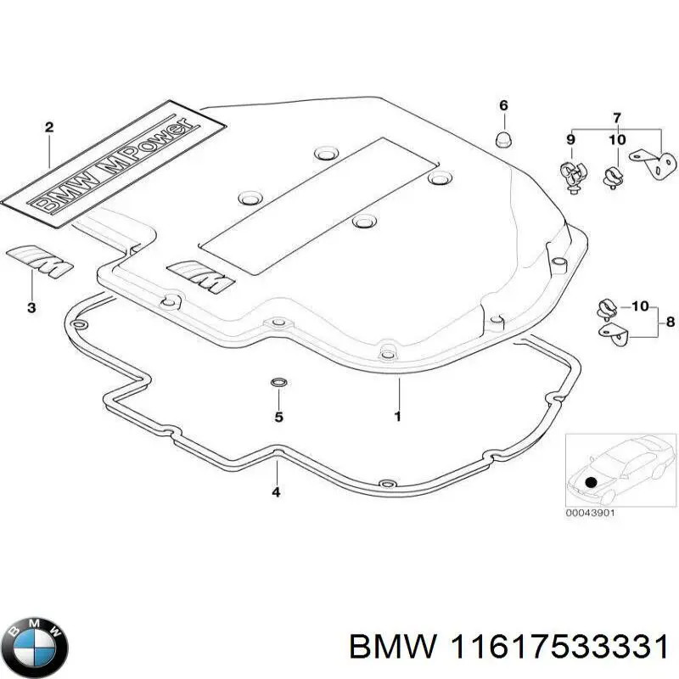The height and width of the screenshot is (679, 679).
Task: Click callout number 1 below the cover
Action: [x=397, y=417]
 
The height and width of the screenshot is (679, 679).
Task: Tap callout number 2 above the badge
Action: [x=49, y=127]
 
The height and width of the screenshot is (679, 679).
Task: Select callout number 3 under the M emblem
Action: [x=31, y=308]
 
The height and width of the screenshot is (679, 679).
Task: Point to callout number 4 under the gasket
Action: [x=276, y=492]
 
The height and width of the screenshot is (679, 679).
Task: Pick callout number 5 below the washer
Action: [x=278, y=417]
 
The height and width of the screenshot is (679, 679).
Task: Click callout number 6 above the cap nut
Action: [x=503, y=105]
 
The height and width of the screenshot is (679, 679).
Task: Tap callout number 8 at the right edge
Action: [x=670, y=322]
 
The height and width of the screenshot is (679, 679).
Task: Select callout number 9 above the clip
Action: [x=571, y=139]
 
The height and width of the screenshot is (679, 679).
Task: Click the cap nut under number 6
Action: [x=502, y=136]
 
